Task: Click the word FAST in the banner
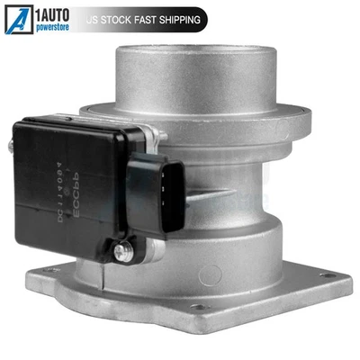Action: tap(157, 18)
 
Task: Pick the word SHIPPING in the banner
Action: tap(190, 18)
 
